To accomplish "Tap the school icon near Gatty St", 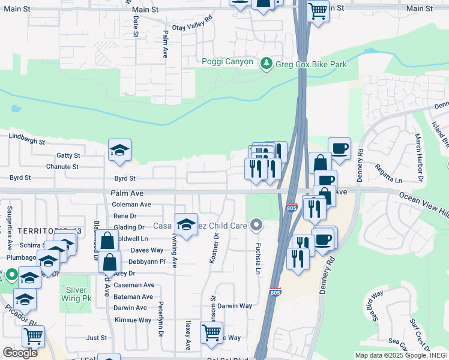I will click(119, 151).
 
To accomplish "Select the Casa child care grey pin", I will click(256, 226).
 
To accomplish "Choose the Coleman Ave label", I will click(131, 205).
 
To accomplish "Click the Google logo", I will click(20, 353).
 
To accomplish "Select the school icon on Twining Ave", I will click(186, 225).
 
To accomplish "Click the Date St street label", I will click(136, 27).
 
